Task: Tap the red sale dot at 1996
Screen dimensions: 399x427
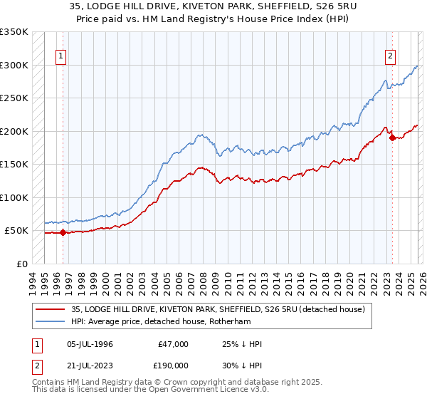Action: pyautogui.click(x=63, y=232)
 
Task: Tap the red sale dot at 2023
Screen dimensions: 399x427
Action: pyautogui.click(x=392, y=138)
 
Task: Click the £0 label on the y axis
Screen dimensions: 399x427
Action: pyautogui.click(x=21, y=264)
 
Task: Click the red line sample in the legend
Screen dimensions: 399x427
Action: pyautogui.click(x=51, y=309)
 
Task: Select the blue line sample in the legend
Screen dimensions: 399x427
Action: pyautogui.click(x=51, y=321)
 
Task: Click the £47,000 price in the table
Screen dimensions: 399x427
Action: pyautogui.click(x=173, y=344)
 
